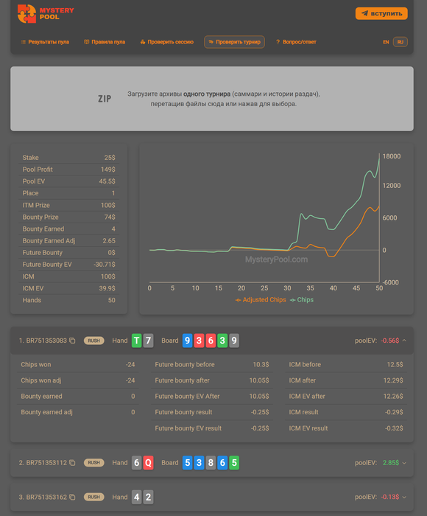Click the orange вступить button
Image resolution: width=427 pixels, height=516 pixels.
(381, 13)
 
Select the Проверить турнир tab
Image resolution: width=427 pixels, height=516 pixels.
(234, 42)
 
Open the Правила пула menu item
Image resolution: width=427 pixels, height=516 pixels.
(105, 42)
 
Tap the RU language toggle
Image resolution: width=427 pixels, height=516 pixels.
(400, 42)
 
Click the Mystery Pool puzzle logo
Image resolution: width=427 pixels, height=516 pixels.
(27, 14)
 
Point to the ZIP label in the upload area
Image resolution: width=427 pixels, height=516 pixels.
(105, 99)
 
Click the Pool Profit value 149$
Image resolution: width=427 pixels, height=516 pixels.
(107, 170)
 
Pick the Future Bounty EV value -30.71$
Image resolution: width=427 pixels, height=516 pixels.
(105, 265)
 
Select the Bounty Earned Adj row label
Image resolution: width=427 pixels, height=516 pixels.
(49, 241)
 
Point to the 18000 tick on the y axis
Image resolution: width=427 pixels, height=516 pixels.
(392, 156)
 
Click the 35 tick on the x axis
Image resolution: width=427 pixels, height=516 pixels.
(310, 288)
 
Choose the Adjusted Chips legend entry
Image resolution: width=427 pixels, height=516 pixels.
(261, 300)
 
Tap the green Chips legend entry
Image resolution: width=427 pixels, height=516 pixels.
(302, 300)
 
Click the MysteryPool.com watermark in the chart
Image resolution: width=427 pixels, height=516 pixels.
(277, 259)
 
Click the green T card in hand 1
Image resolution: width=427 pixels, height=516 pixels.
(137, 341)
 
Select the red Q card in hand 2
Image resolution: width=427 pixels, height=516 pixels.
(148, 463)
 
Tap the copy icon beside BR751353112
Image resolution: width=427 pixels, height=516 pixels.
(72, 463)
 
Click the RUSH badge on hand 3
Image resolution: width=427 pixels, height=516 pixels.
(93, 497)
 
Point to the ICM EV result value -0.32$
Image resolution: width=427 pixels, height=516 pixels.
(394, 428)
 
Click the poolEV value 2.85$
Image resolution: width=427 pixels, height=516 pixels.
(391, 463)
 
